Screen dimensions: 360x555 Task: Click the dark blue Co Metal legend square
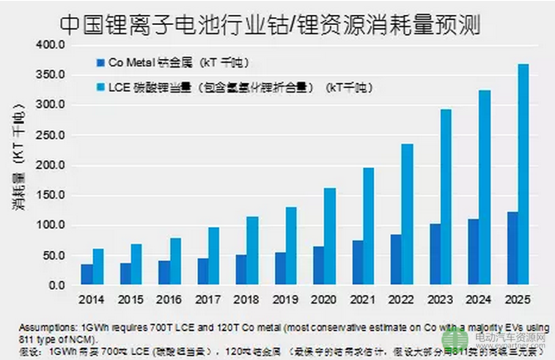pyautogui.click(x=99, y=62)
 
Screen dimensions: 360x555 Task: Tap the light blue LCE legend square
pyautogui.click(x=99, y=86)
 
